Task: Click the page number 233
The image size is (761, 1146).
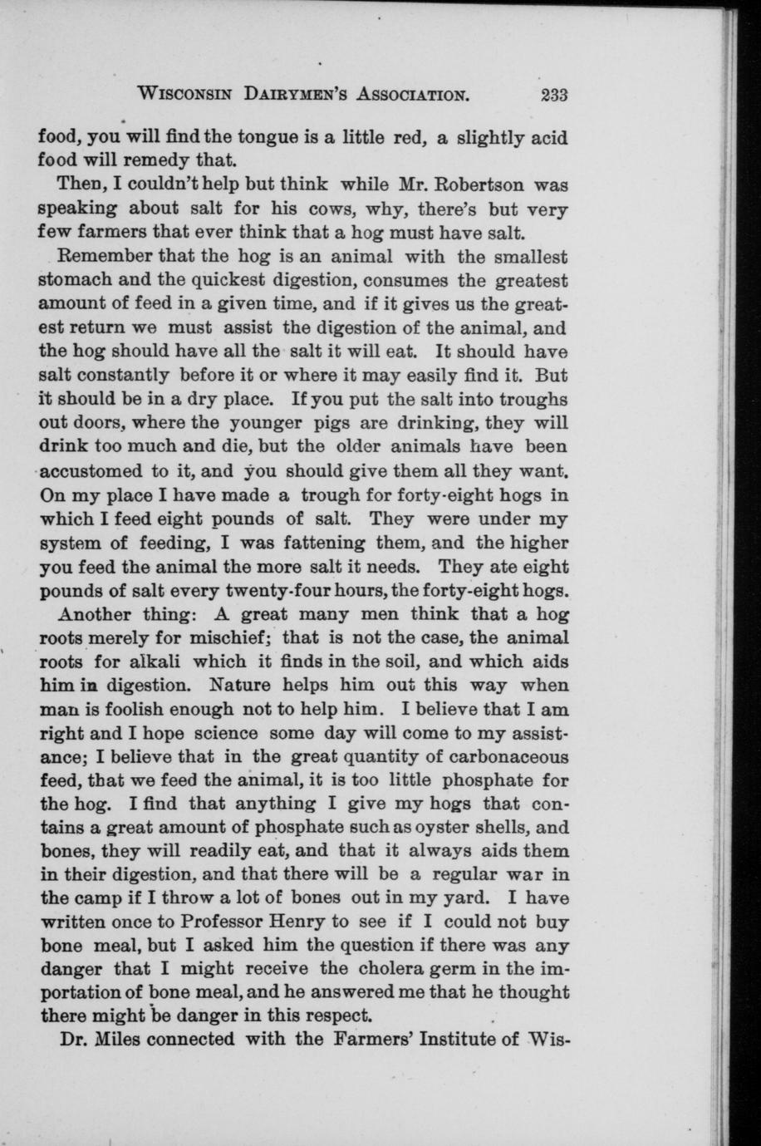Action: click(552, 94)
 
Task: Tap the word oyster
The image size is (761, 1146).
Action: click(456, 828)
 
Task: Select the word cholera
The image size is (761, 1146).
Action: click(395, 969)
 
